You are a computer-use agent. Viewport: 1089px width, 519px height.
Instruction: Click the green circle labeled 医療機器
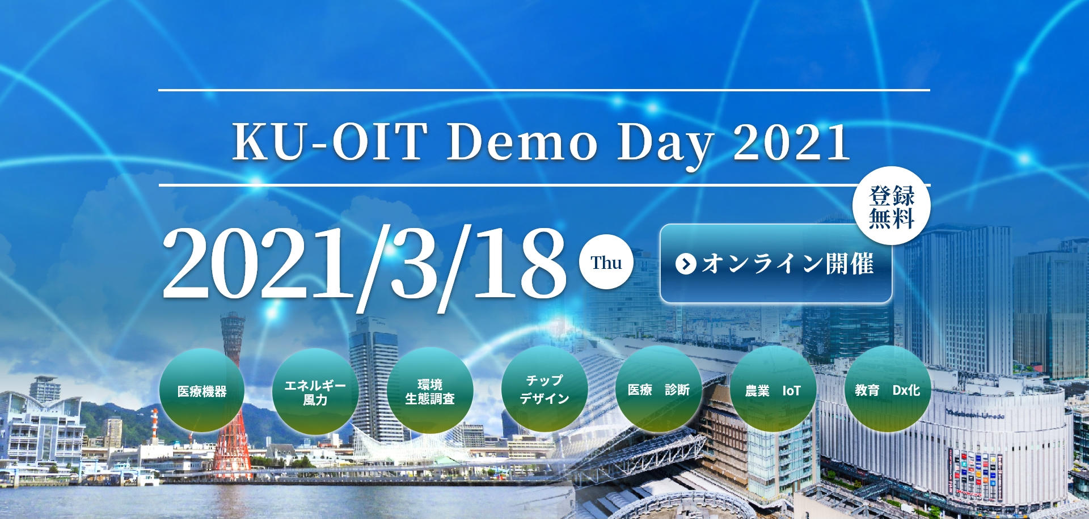202,391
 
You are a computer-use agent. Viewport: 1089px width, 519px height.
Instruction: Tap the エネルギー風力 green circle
315,392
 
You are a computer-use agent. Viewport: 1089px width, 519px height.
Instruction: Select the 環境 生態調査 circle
430,391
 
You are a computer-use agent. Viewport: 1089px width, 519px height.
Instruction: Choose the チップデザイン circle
544,390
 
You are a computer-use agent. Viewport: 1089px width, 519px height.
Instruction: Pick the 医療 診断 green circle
659,390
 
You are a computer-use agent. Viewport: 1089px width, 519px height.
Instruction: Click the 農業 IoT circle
773,390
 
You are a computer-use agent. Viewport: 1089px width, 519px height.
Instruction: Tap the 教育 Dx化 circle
887,390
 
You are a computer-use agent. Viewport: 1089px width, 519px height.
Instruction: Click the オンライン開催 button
776,264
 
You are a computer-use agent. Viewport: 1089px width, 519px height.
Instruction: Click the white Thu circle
606,263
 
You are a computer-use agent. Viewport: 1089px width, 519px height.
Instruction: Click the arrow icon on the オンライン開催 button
686,264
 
